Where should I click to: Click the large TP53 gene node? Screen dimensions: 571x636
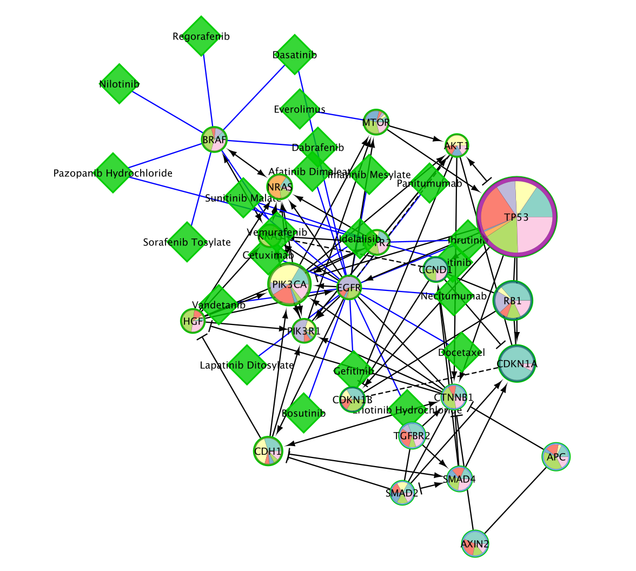pos(517,216)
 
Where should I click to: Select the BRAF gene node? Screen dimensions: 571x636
pos(214,140)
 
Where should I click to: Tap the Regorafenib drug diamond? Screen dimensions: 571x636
pos(201,36)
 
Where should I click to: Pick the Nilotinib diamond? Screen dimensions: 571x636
pos(119,84)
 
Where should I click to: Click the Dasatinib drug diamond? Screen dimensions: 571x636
pos(295,55)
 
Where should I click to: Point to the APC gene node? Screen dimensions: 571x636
pos(556,457)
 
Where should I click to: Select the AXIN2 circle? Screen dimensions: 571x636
pos(475,544)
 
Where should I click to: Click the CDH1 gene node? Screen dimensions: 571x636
pos(268,450)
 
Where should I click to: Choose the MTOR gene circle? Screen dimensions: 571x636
pos(376,122)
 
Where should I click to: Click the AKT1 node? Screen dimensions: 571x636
pos(457,145)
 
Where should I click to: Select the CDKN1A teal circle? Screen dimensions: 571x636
pos(516,363)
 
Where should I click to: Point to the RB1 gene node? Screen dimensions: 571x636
pos(513,300)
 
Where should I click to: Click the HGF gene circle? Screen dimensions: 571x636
pos(194,321)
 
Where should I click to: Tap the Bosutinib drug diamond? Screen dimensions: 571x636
pos(304,413)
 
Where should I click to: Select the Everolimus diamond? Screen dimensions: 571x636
pos(299,109)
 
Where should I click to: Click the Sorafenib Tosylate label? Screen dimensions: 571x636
pos(187,242)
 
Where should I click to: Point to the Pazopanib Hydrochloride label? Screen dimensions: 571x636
pos(113,173)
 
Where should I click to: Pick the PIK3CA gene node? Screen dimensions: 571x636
pos(290,284)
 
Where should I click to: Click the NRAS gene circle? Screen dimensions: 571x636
pos(280,187)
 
